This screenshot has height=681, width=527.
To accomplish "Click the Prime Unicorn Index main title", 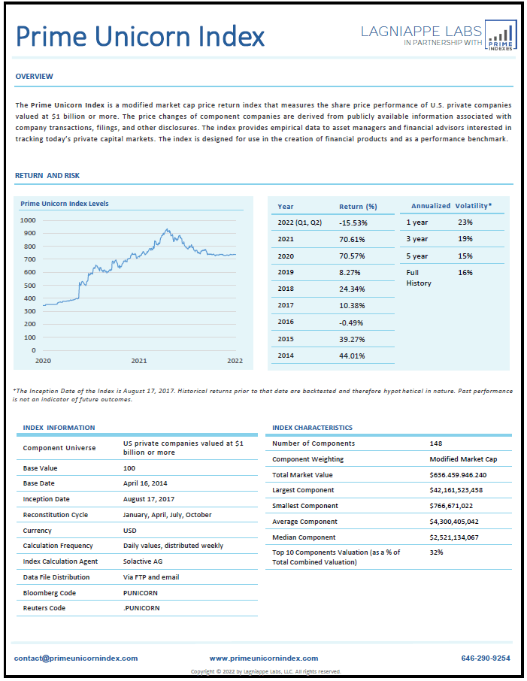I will click(x=141, y=36).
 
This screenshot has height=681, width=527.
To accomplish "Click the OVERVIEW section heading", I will click(x=35, y=77).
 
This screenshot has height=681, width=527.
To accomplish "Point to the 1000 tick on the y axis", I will click(x=29, y=220).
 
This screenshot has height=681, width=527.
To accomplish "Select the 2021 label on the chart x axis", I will click(x=139, y=361).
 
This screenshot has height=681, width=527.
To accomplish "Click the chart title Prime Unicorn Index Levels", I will click(x=65, y=204).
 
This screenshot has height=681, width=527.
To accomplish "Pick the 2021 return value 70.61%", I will click(x=353, y=239).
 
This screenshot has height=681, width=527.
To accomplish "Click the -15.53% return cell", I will click(x=353, y=223).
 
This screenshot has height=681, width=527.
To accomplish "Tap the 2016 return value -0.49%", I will click(x=353, y=321).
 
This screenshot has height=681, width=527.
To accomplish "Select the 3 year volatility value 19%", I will click(x=465, y=239).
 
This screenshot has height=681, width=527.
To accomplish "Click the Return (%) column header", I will click(x=358, y=206).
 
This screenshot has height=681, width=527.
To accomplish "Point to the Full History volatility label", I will click(x=419, y=277).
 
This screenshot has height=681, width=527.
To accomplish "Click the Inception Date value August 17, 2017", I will click(x=151, y=499).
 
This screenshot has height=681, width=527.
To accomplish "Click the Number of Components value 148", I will click(x=436, y=443).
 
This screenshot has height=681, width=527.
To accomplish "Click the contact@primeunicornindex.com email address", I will click(x=76, y=658).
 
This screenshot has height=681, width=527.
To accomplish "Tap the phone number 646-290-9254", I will click(x=486, y=658).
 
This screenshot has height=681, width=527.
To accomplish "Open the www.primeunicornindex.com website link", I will click(x=264, y=658).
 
